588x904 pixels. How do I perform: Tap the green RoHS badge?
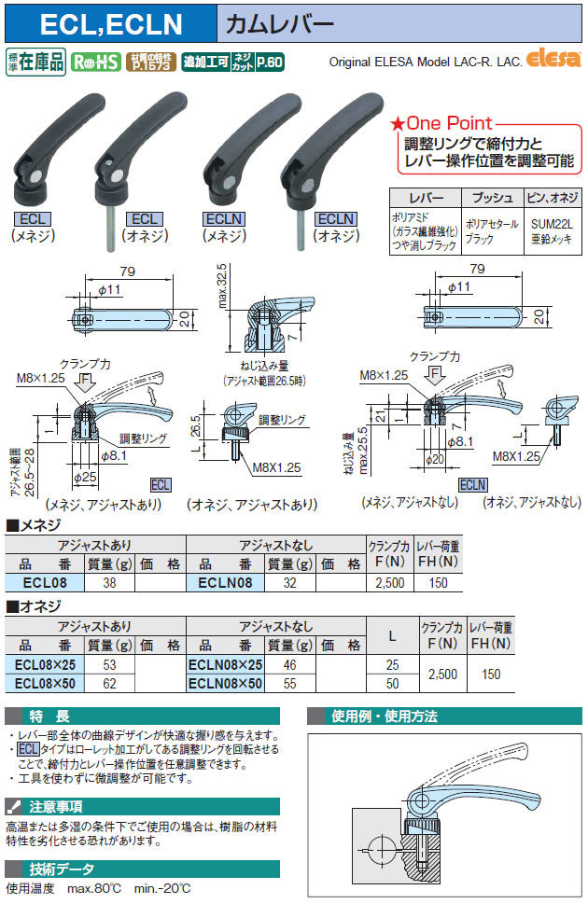click(95, 62)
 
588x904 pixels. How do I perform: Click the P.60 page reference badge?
click(270, 62)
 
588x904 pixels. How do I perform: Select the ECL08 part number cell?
click(45, 582)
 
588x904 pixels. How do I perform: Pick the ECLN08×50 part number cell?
click(225, 683)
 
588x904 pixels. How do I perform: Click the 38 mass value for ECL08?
click(109, 582)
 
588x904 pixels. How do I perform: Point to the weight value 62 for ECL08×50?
click(109, 683)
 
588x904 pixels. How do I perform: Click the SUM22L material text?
click(553, 224)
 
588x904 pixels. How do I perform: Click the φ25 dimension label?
click(86, 477)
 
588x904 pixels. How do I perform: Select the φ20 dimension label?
click(435, 459)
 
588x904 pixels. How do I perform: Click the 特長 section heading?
click(49, 716)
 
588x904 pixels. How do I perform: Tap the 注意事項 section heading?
click(56, 806)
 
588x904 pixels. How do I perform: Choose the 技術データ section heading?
click(62, 869)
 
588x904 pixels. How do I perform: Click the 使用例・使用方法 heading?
click(385, 716)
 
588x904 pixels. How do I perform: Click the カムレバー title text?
click(280, 23)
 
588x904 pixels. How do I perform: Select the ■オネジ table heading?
click(34, 606)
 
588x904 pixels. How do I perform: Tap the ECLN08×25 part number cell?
click(225, 664)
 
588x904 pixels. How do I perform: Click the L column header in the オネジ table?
click(392, 636)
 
